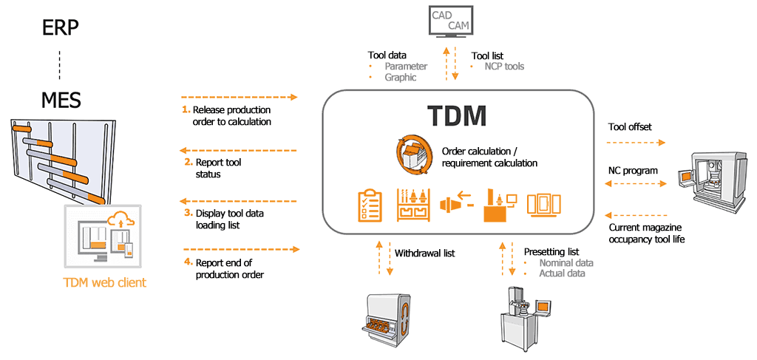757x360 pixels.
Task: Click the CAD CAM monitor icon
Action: pos(451,21)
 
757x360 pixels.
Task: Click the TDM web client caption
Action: pos(104,282)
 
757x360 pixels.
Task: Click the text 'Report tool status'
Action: pos(218,168)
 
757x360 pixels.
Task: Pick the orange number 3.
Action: pos(188,213)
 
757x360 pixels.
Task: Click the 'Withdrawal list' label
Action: pos(424,253)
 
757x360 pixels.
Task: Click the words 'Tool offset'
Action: pos(630,126)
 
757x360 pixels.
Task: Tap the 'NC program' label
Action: pos(633,171)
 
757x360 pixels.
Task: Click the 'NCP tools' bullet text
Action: pos(504,67)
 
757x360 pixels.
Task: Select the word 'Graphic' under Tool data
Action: pos(401,77)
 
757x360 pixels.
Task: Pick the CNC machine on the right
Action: pos(714,180)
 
